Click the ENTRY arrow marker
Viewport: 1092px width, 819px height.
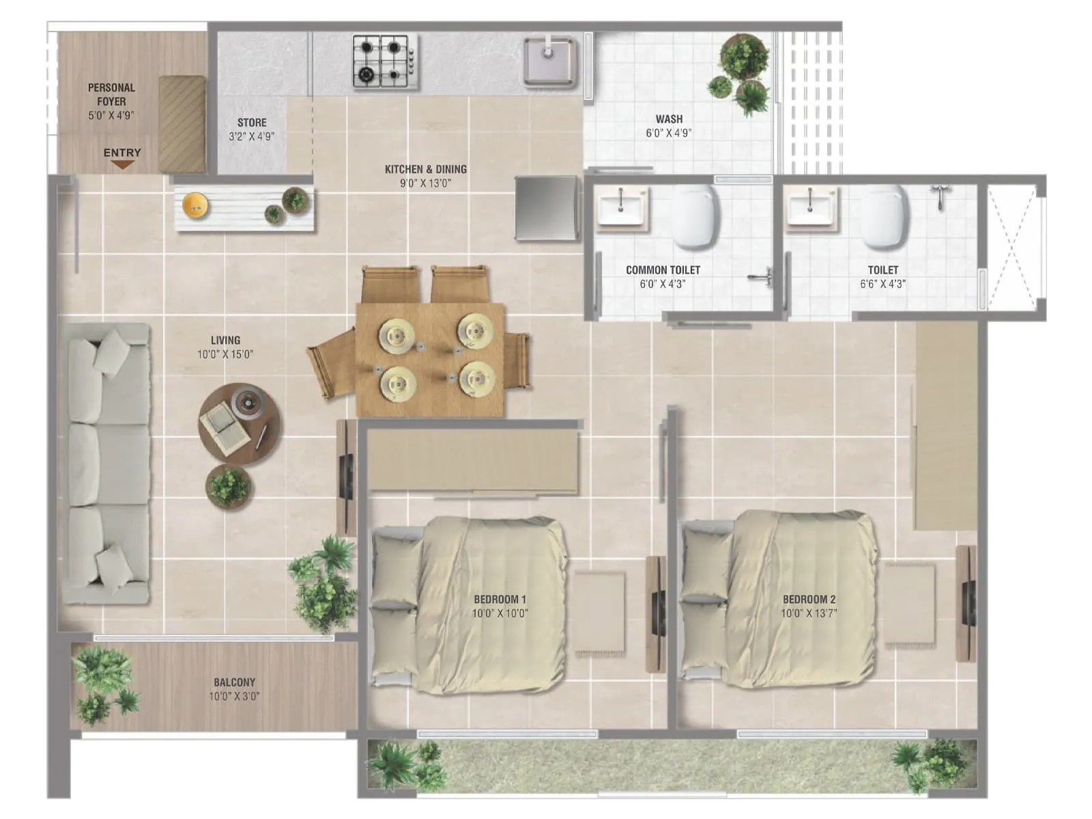pos(122,164)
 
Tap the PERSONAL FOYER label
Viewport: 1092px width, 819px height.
pos(111,94)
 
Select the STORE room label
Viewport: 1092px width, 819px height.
pos(252,123)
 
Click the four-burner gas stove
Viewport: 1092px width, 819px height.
pos(386,61)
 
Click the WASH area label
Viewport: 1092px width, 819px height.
pos(669,119)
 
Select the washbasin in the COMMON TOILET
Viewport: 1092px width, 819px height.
pos(622,207)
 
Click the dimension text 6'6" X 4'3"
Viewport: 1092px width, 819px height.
pos(882,284)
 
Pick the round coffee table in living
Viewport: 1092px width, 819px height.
pos(239,424)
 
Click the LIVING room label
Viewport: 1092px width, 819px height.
pos(225,340)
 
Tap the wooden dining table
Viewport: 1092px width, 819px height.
pos(430,360)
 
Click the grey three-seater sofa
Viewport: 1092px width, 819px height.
pos(107,464)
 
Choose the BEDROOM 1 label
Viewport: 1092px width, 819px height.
pos(500,599)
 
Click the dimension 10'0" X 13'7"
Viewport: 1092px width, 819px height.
pos(809,613)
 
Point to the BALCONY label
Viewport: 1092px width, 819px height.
pos(234,682)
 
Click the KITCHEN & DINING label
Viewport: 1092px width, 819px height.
pos(426,169)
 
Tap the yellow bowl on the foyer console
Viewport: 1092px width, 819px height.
pos(196,204)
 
